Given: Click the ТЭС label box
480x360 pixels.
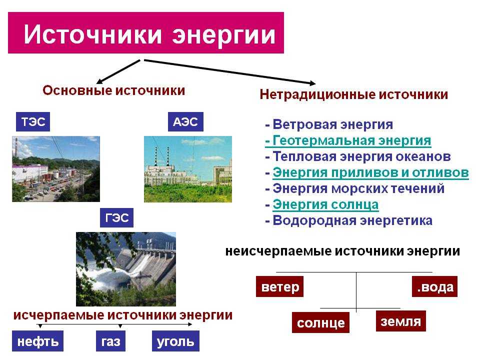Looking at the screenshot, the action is coord(33,122).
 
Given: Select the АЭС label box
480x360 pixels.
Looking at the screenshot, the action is coord(185,122).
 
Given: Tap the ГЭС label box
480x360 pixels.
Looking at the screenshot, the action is coord(116,217).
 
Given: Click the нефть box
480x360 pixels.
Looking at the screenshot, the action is coord(37,341).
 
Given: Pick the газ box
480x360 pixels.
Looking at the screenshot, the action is coord(110,341).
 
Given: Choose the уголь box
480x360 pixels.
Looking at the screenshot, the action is coord(175,341).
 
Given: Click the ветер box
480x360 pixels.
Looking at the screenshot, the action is coord(280,286).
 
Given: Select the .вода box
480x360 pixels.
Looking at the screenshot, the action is coord(434,286).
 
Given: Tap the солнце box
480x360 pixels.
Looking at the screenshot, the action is coord(320,322).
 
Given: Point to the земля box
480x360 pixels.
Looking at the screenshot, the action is coord(400,321).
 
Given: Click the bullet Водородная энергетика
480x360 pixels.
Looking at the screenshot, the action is coord(348,220).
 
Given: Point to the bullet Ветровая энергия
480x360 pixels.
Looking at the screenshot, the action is coord(329,124).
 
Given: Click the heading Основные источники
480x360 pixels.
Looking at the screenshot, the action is coord(114,90).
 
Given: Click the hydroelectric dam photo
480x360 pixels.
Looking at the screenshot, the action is coord(126,269).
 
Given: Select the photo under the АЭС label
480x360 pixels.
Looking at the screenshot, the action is coord(188,169).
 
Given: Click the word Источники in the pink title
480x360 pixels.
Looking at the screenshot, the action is coord(93,33).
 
